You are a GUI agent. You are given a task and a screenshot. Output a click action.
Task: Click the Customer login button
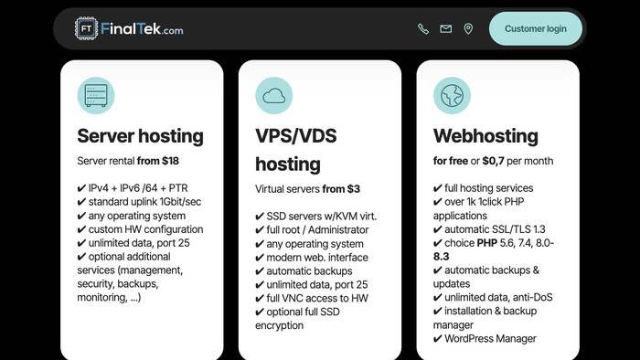[x=536, y=28]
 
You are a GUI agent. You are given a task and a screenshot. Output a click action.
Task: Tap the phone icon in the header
[x=423, y=28]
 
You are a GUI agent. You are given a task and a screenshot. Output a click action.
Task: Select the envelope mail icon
[x=446, y=28]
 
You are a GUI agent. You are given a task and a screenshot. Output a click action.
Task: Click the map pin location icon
[x=468, y=28]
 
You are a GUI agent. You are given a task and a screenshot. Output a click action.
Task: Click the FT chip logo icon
[x=86, y=28]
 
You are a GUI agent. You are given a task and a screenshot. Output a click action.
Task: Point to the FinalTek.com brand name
[x=142, y=29]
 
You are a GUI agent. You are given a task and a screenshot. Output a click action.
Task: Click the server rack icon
[x=96, y=95]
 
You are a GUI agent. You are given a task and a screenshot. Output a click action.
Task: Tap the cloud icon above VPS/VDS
[x=274, y=95]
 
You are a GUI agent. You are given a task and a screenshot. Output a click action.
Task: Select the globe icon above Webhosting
[x=452, y=95]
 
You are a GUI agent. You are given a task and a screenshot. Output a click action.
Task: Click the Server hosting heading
[x=140, y=136]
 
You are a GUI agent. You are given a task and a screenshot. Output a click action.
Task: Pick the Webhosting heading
[x=485, y=136]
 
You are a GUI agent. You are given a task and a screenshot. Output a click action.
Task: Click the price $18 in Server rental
[x=170, y=161]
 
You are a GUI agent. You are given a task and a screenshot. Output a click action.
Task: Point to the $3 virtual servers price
[x=354, y=189]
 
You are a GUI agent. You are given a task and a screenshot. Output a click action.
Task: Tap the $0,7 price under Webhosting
[x=494, y=161]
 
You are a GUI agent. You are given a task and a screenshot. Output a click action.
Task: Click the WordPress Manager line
[x=485, y=338]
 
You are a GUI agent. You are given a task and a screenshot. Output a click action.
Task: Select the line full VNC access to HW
[x=312, y=298]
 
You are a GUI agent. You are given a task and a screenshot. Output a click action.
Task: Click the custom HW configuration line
[x=140, y=229]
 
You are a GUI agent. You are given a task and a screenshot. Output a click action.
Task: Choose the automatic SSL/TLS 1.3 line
[x=489, y=229]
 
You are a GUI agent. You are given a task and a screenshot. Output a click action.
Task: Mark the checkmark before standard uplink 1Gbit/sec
[x=81, y=202]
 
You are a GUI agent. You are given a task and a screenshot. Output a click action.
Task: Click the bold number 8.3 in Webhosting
[x=442, y=256]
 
